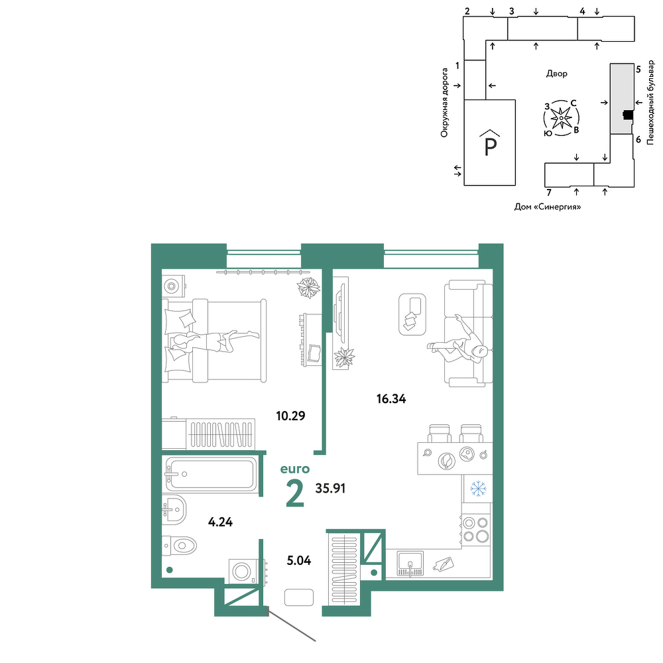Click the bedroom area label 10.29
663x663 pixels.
[290, 416]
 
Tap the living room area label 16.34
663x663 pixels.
[391, 398]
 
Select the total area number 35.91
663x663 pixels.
[331, 489]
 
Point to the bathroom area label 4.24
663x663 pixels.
[220, 522]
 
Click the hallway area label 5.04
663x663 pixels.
[299, 561]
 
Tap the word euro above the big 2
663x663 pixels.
[295, 469]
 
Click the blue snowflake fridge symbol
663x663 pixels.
[478, 489]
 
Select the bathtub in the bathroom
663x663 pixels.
[210, 475]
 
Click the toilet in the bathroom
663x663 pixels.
[179, 546]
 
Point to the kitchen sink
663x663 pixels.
[410, 564]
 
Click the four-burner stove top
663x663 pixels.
[475, 529]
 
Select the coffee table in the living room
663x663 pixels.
[412, 314]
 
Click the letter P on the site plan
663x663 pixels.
[490, 147]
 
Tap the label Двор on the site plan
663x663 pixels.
[556, 74]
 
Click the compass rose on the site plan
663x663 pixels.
[561, 118]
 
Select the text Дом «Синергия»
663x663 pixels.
[547, 207]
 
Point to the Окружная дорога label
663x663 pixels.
[444, 103]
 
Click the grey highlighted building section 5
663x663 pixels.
[622, 99]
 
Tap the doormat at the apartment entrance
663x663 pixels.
[299, 597]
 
